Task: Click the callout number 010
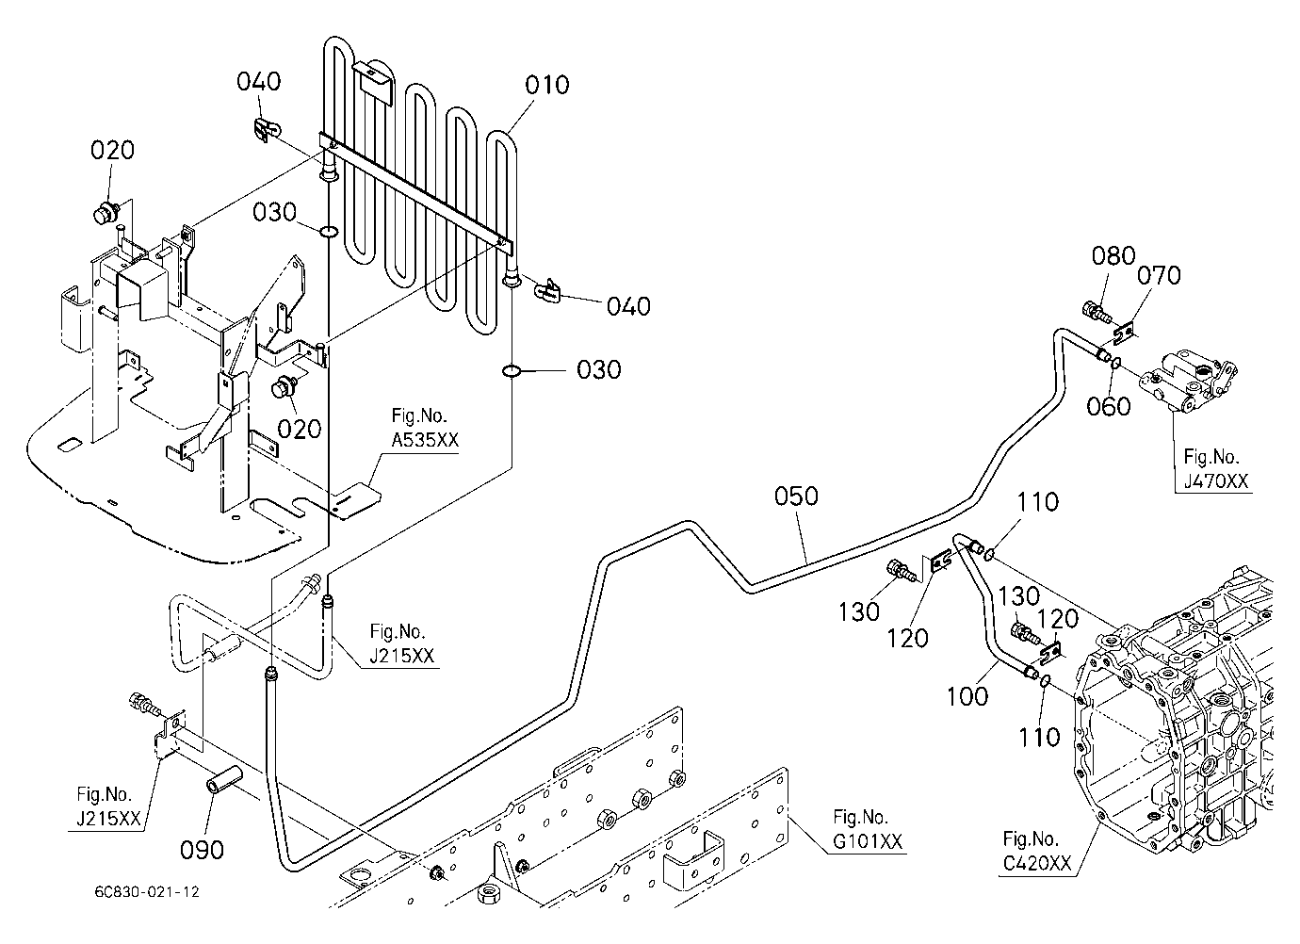[546, 85]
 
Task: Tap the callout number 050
[796, 496]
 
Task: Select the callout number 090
[202, 850]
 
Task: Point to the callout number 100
[967, 696]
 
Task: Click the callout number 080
[1113, 255]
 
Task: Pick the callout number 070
[1159, 276]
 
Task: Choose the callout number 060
[1109, 406]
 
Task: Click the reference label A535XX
[425, 440]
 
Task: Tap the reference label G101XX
[868, 841]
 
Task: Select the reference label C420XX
[1037, 863]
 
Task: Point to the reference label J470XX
[1216, 481]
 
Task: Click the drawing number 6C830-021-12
[147, 892]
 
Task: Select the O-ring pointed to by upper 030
[328, 232]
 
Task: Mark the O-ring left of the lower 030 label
[512, 370]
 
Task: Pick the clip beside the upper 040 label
[267, 131]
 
